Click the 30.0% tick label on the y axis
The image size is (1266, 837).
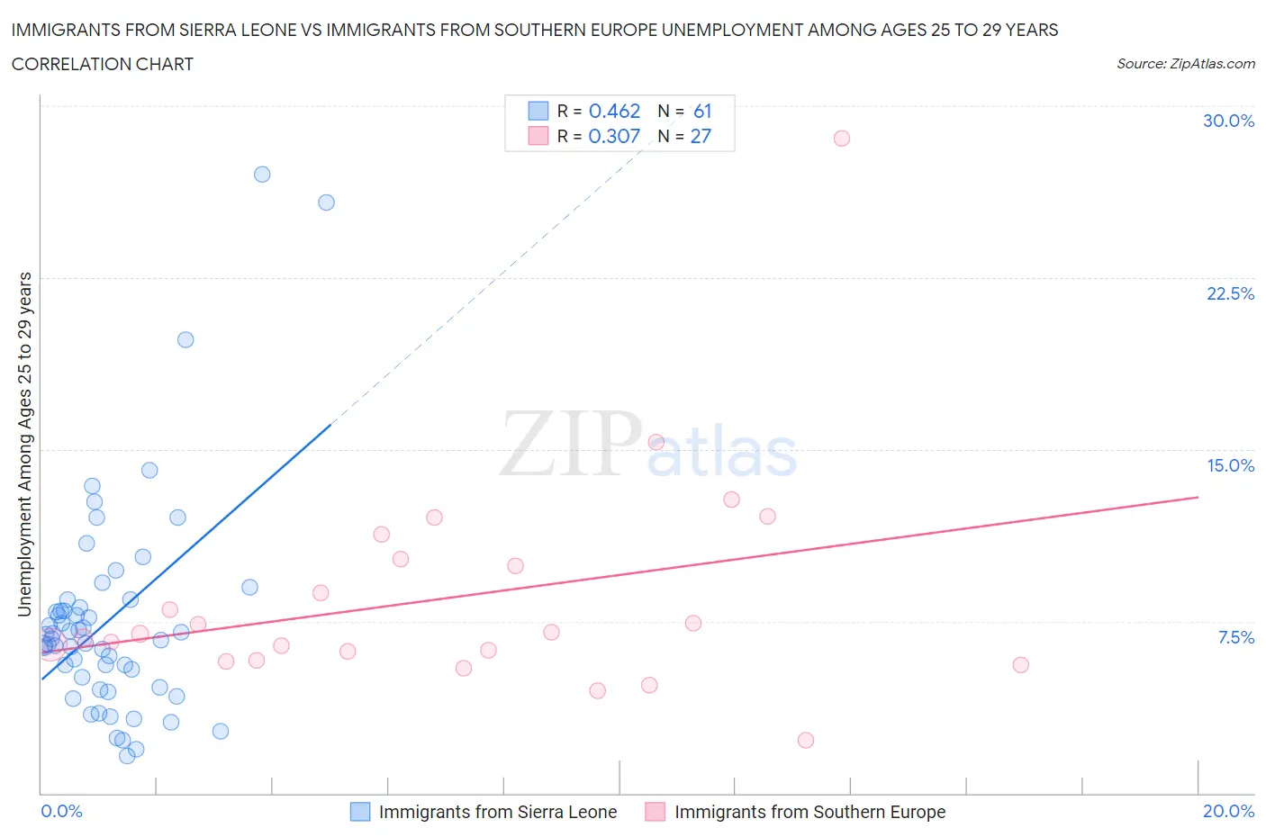1228,121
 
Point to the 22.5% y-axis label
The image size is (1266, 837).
1230,293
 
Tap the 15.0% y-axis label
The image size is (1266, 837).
1230,465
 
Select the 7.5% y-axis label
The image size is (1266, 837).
1235,637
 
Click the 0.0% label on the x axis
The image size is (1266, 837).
61,811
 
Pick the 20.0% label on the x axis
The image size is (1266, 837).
1228,811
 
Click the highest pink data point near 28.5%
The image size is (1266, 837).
841,138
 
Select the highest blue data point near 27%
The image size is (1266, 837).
262,175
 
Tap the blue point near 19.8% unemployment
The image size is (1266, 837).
185,339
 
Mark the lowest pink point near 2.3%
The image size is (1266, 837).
806,740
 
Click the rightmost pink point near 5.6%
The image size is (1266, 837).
1020,665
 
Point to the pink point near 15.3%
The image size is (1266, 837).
656,442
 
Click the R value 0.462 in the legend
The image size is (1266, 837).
614,111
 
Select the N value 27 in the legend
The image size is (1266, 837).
701,136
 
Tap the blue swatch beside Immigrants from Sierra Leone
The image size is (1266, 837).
360,812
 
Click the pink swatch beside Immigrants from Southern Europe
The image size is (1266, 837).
655,812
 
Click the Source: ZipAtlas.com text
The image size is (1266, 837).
1185,63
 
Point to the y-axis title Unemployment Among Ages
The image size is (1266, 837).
24,445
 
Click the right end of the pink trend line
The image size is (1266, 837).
1198,497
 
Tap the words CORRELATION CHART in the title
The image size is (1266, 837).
103,64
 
